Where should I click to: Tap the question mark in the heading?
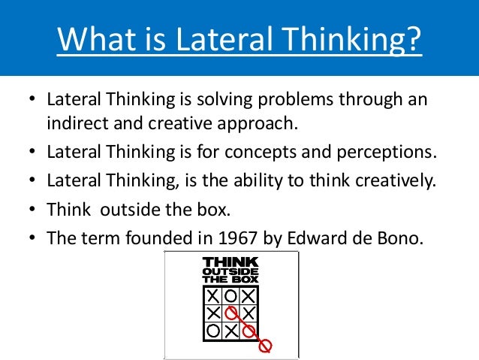[x=413, y=38]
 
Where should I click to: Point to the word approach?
[x=258, y=122]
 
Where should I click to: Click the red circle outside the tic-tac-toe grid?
[x=264, y=346]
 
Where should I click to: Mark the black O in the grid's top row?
[x=231, y=295]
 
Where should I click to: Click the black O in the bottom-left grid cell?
[x=215, y=328]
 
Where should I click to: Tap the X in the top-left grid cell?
[x=215, y=295]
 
